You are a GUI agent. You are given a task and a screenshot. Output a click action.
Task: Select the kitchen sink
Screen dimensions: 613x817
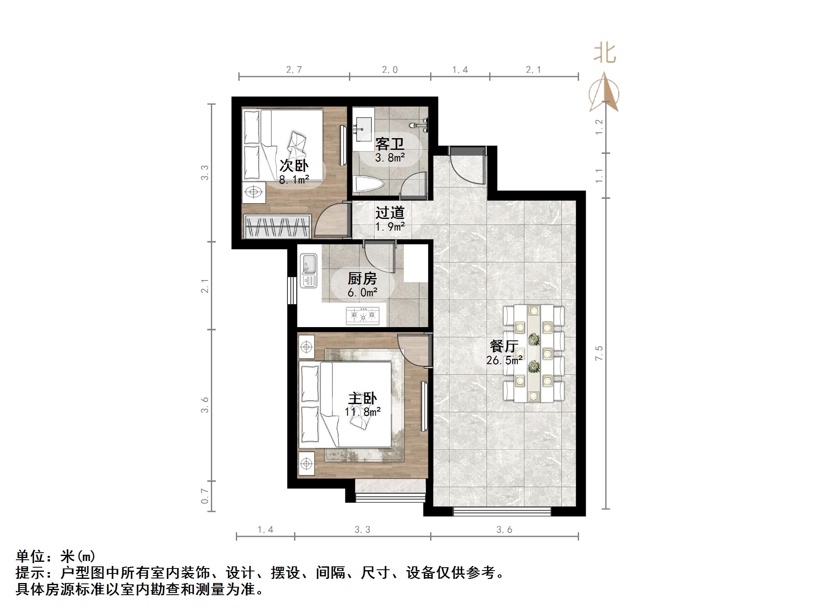coord(309,271)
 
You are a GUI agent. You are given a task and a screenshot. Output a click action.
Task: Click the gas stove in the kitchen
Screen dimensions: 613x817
coord(363,316)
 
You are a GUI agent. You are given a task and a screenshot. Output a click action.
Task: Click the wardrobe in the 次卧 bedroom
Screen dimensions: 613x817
coord(278,227)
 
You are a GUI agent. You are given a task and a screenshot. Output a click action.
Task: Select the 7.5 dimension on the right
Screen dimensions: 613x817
coord(599,353)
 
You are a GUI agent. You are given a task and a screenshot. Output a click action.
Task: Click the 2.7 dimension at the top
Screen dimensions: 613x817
coord(294,70)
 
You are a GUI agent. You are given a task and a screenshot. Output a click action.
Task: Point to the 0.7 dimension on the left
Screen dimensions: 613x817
coord(205,496)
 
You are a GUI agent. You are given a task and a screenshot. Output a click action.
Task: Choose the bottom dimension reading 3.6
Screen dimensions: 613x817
coord(504,530)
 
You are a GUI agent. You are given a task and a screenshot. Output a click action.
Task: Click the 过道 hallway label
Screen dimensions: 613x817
coord(390,213)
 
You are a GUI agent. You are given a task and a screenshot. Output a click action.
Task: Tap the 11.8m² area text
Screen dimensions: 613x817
coord(363,412)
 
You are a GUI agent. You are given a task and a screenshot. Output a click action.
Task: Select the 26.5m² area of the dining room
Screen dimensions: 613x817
coord(504,360)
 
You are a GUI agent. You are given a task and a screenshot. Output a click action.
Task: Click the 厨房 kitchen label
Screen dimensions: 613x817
coord(362,278)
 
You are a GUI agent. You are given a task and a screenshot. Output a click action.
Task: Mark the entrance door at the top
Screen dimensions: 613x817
coord(468,164)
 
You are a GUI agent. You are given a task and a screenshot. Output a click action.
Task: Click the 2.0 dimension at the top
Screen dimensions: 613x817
coord(390,70)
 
